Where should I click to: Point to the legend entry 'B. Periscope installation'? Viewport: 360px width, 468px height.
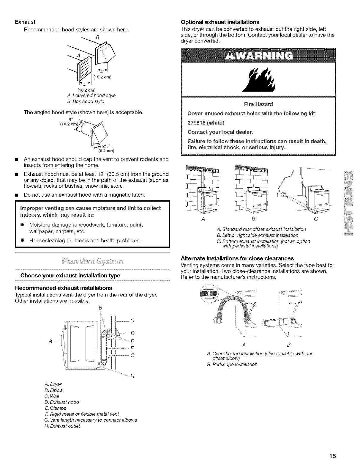point(232,364)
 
